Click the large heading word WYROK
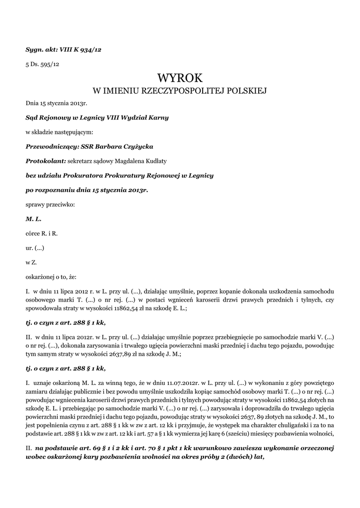[x=180, y=78]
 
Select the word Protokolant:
[x=46, y=161]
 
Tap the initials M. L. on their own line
[x=33, y=218]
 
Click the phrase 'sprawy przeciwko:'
[x=50, y=204]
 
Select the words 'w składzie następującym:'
[x=59, y=132]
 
